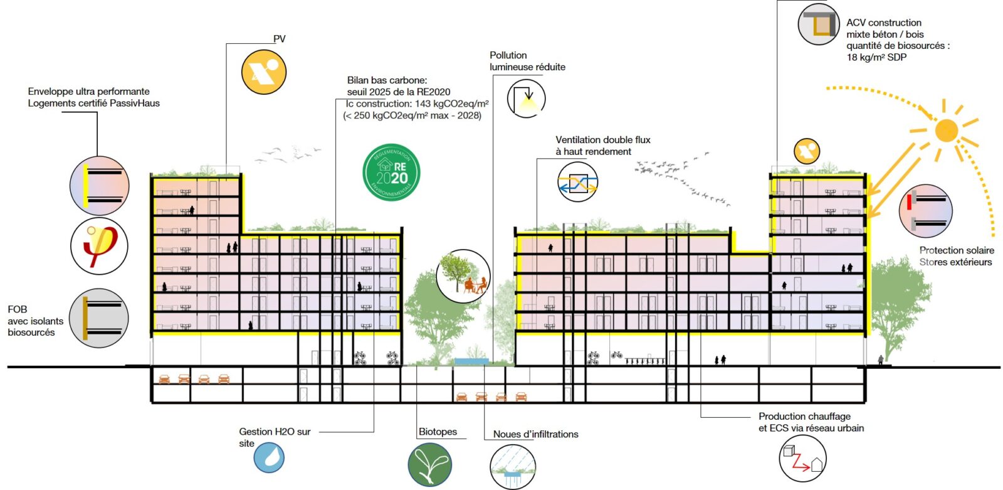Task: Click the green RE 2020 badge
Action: tap(392, 173)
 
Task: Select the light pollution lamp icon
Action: tap(526, 99)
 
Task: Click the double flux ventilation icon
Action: tap(577, 182)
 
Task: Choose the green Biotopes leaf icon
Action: tap(430, 465)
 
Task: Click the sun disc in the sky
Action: tap(946, 130)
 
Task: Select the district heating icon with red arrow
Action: tap(802, 458)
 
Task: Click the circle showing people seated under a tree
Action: tap(463, 276)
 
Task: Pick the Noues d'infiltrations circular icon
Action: tap(513, 467)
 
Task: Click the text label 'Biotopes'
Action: tap(438, 432)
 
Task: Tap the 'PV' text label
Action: tap(280, 39)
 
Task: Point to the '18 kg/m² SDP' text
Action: tap(876, 57)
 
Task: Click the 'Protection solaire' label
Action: tap(957, 250)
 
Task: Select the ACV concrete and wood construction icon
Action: tap(819, 24)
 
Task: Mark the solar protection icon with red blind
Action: tap(925, 211)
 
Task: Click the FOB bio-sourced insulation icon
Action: tap(98, 318)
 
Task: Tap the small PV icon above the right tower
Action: tap(807, 151)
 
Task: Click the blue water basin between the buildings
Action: tap(471, 361)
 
